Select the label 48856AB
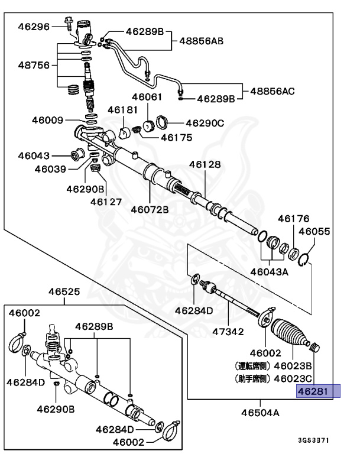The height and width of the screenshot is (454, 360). [201, 42]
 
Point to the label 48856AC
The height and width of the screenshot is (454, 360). [272, 91]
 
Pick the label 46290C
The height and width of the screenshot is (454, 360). [205, 123]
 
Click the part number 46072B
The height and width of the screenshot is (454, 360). [150, 209]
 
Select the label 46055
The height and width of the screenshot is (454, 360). [314, 232]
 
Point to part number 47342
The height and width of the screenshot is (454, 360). [228, 331]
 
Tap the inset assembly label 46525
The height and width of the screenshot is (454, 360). [64, 291]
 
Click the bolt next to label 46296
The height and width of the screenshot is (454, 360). [67, 25]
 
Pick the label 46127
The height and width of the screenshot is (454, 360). [106, 201]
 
